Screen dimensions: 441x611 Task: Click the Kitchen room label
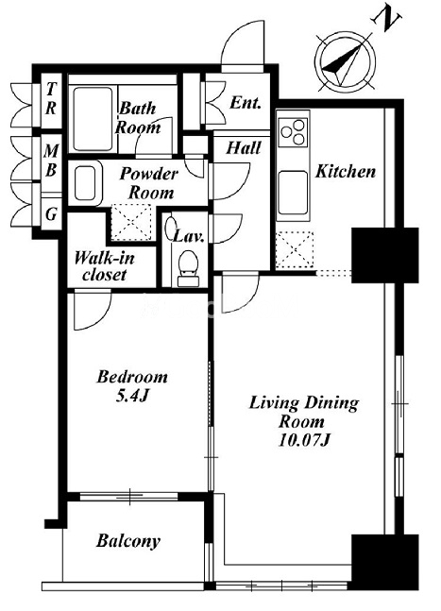click(x=346, y=171)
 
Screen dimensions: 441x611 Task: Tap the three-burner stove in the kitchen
click(x=293, y=132)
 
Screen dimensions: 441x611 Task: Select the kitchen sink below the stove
click(x=293, y=193)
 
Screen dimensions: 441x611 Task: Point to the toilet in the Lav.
click(x=188, y=268)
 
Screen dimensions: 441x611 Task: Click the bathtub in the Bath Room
click(x=93, y=118)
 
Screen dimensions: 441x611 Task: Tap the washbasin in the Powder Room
click(x=86, y=184)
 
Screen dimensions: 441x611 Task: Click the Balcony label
click(x=128, y=541)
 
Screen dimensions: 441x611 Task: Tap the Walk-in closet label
click(x=105, y=266)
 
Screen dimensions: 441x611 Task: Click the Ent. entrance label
click(x=245, y=103)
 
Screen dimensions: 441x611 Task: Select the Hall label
click(x=244, y=148)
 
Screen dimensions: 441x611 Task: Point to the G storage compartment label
click(x=51, y=214)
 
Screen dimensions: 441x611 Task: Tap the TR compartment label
click(x=51, y=98)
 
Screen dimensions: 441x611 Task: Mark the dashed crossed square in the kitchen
click(x=295, y=249)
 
